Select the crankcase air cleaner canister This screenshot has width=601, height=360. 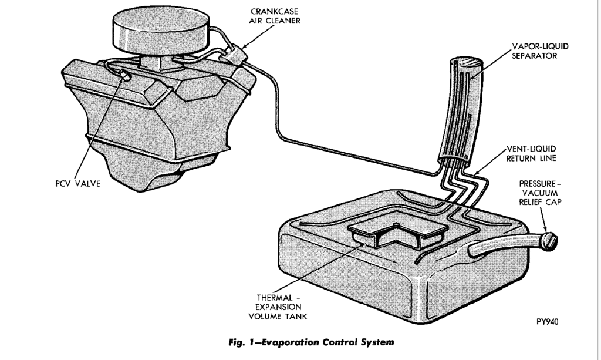pyautogui.click(x=234, y=56)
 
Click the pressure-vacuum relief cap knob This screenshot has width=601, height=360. pyautogui.click(x=550, y=241)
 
